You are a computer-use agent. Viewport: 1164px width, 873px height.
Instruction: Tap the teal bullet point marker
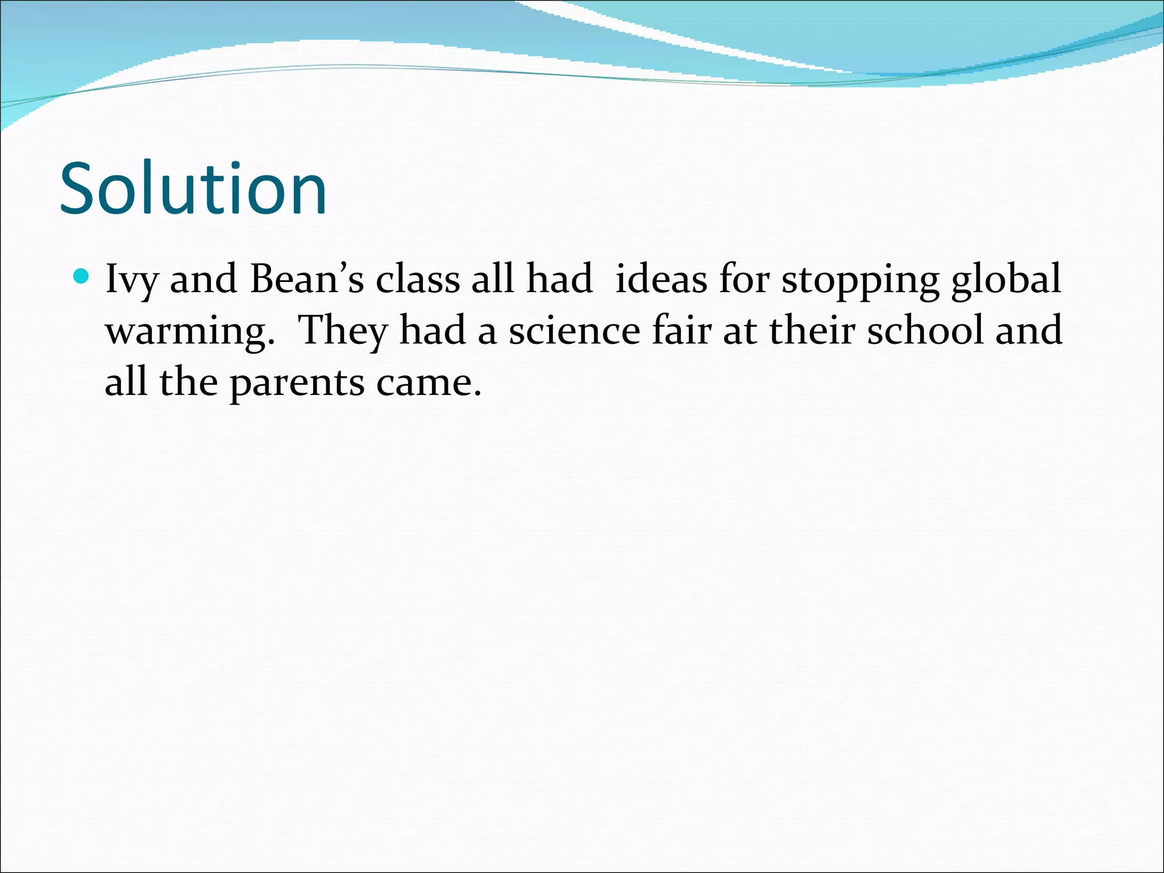click(82, 277)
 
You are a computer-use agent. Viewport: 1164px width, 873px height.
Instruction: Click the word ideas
click(661, 280)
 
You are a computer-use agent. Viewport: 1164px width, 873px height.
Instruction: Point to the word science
click(574, 331)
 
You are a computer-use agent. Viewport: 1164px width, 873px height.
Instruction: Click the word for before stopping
click(745, 280)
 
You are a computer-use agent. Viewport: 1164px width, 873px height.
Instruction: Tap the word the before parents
click(188, 382)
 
